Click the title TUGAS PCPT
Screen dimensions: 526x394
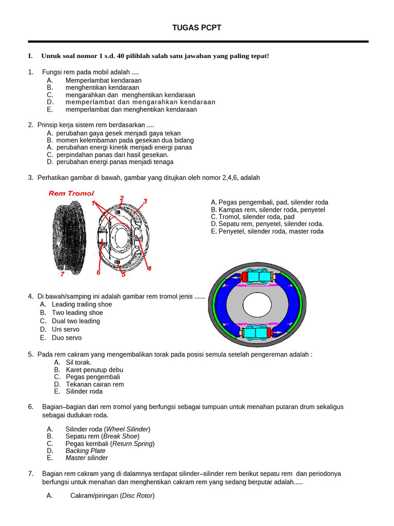(x=197, y=28)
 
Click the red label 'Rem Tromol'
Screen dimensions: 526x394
(x=71, y=193)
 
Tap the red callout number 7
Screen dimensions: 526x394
(x=62, y=274)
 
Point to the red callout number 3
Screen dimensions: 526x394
(x=145, y=201)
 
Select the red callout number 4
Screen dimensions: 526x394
(x=149, y=268)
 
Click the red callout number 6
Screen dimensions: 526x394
(x=98, y=272)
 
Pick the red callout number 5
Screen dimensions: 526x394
(x=123, y=274)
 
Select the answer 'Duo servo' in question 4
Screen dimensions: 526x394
(x=66, y=338)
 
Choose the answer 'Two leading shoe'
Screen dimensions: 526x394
(x=77, y=313)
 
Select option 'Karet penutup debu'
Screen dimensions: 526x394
(x=94, y=370)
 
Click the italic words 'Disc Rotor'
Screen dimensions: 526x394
(x=137, y=496)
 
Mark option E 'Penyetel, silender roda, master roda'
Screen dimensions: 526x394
(x=267, y=232)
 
